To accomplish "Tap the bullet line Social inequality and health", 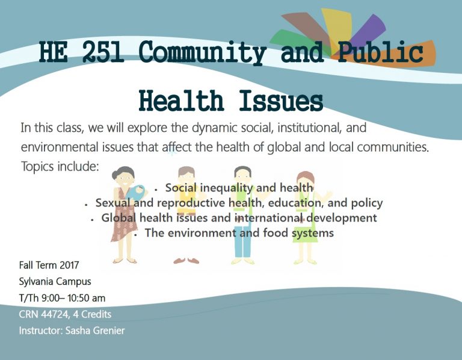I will click(239, 188).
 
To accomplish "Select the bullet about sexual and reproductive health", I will click(239, 203).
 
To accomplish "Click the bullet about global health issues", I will click(239, 217).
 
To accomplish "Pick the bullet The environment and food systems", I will click(239, 232).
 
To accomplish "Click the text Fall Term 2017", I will click(49, 265).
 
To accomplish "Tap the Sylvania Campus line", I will click(55, 281).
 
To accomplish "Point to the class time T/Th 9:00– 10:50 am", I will click(66, 297).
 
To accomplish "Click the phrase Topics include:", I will click(60, 166).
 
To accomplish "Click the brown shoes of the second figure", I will click(186, 260).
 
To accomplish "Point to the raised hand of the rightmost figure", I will click(328, 194).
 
